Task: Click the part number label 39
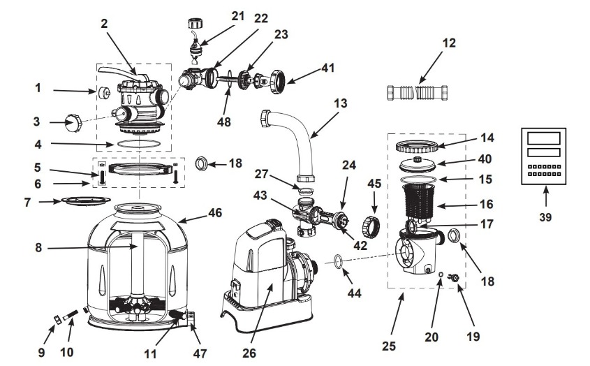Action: click(545, 217)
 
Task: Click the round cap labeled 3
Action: click(73, 123)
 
